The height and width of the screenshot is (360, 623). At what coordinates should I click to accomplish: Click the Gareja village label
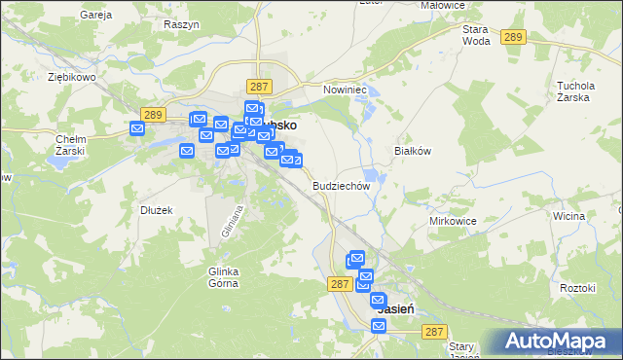(x=95, y=17)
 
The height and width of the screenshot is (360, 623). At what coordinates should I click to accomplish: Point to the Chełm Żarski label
(x=74, y=145)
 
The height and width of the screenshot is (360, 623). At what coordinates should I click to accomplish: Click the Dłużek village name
(x=156, y=209)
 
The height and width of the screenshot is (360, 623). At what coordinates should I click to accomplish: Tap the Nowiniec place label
(x=343, y=89)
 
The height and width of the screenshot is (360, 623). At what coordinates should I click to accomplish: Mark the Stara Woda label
(x=476, y=36)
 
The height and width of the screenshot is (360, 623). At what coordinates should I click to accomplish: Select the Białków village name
(x=412, y=151)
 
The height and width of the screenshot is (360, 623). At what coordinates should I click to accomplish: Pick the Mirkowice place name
(x=453, y=221)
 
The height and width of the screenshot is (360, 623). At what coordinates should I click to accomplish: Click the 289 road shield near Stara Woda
(x=514, y=37)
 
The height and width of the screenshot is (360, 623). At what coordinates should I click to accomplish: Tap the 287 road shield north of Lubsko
(x=258, y=87)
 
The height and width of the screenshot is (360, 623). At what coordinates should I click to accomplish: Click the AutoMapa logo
(x=560, y=341)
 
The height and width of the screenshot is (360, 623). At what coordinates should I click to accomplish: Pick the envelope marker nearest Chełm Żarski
(x=138, y=127)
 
